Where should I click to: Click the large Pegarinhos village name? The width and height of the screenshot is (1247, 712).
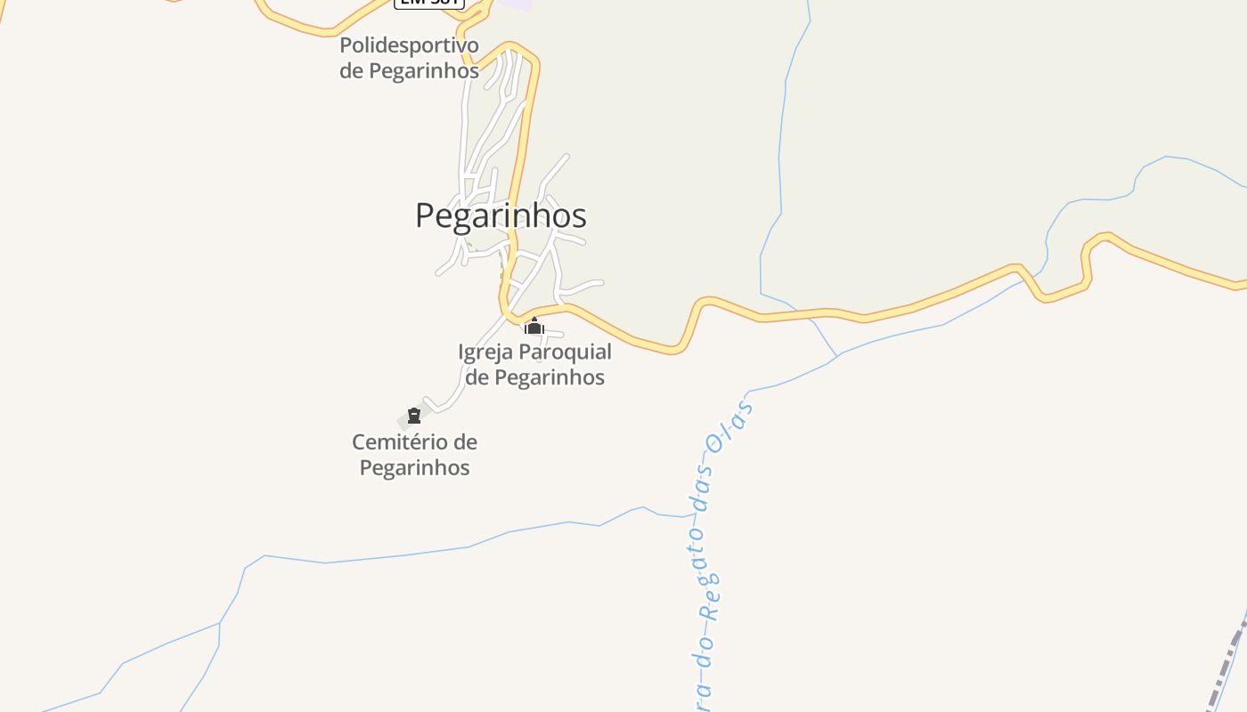coord(501,215)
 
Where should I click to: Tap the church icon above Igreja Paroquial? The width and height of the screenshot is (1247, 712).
coord(534,327)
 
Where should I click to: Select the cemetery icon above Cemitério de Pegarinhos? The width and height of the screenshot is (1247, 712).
coord(413,416)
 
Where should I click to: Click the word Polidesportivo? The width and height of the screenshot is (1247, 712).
coord(409,45)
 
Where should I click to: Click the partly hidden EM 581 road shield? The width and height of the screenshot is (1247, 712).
coord(429,3)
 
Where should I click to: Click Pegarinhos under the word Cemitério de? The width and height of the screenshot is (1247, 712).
coord(414,467)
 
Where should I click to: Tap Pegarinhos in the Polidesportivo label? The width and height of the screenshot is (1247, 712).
coord(424,70)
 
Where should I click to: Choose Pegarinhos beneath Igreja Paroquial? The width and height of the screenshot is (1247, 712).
coord(550,377)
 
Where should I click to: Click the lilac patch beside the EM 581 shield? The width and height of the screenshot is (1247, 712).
coord(515,4)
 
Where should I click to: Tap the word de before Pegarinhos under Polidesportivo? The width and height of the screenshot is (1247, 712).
coord(351,70)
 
